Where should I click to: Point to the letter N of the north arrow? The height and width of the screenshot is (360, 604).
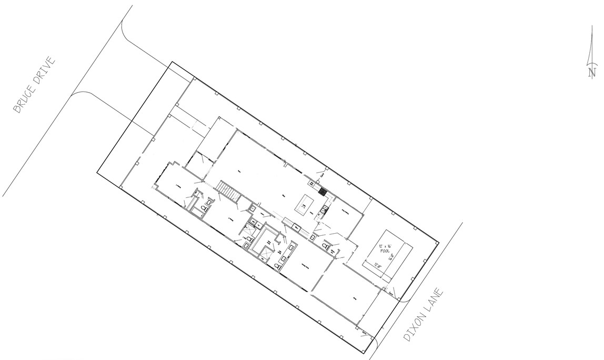pyautogui.click(x=592, y=73)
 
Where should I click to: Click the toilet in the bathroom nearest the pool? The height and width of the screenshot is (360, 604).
pyautogui.click(x=327, y=245)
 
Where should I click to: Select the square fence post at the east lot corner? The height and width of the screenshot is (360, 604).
pyautogui.click(x=436, y=241)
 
